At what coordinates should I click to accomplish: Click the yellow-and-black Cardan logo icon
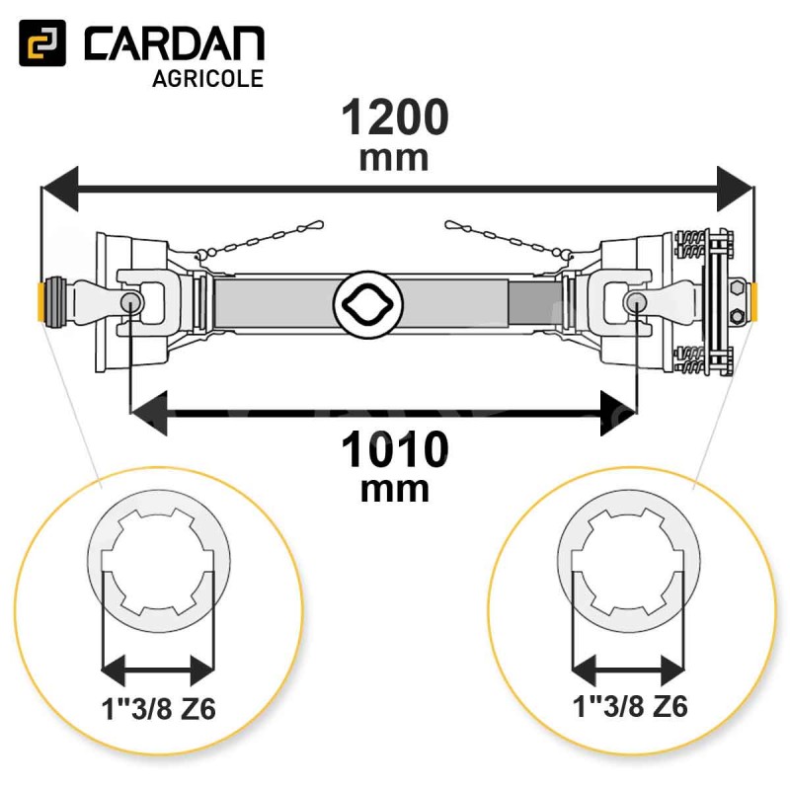(x=42, y=42)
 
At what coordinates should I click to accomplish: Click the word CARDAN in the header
(x=175, y=44)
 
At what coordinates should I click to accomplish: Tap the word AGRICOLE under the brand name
(x=207, y=79)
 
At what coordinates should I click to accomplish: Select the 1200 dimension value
(x=394, y=117)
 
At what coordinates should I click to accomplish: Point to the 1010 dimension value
(x=394, y=449)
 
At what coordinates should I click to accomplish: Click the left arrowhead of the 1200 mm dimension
(x=60, y=189)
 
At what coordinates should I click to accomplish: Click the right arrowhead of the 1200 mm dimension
(x=735, y=189)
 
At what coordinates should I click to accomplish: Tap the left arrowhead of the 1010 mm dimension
(x=149, y=414)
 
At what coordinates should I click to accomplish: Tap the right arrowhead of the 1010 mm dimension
(x=619, y=414)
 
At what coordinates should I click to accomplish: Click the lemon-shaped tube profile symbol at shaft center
(x=367, y=304)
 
